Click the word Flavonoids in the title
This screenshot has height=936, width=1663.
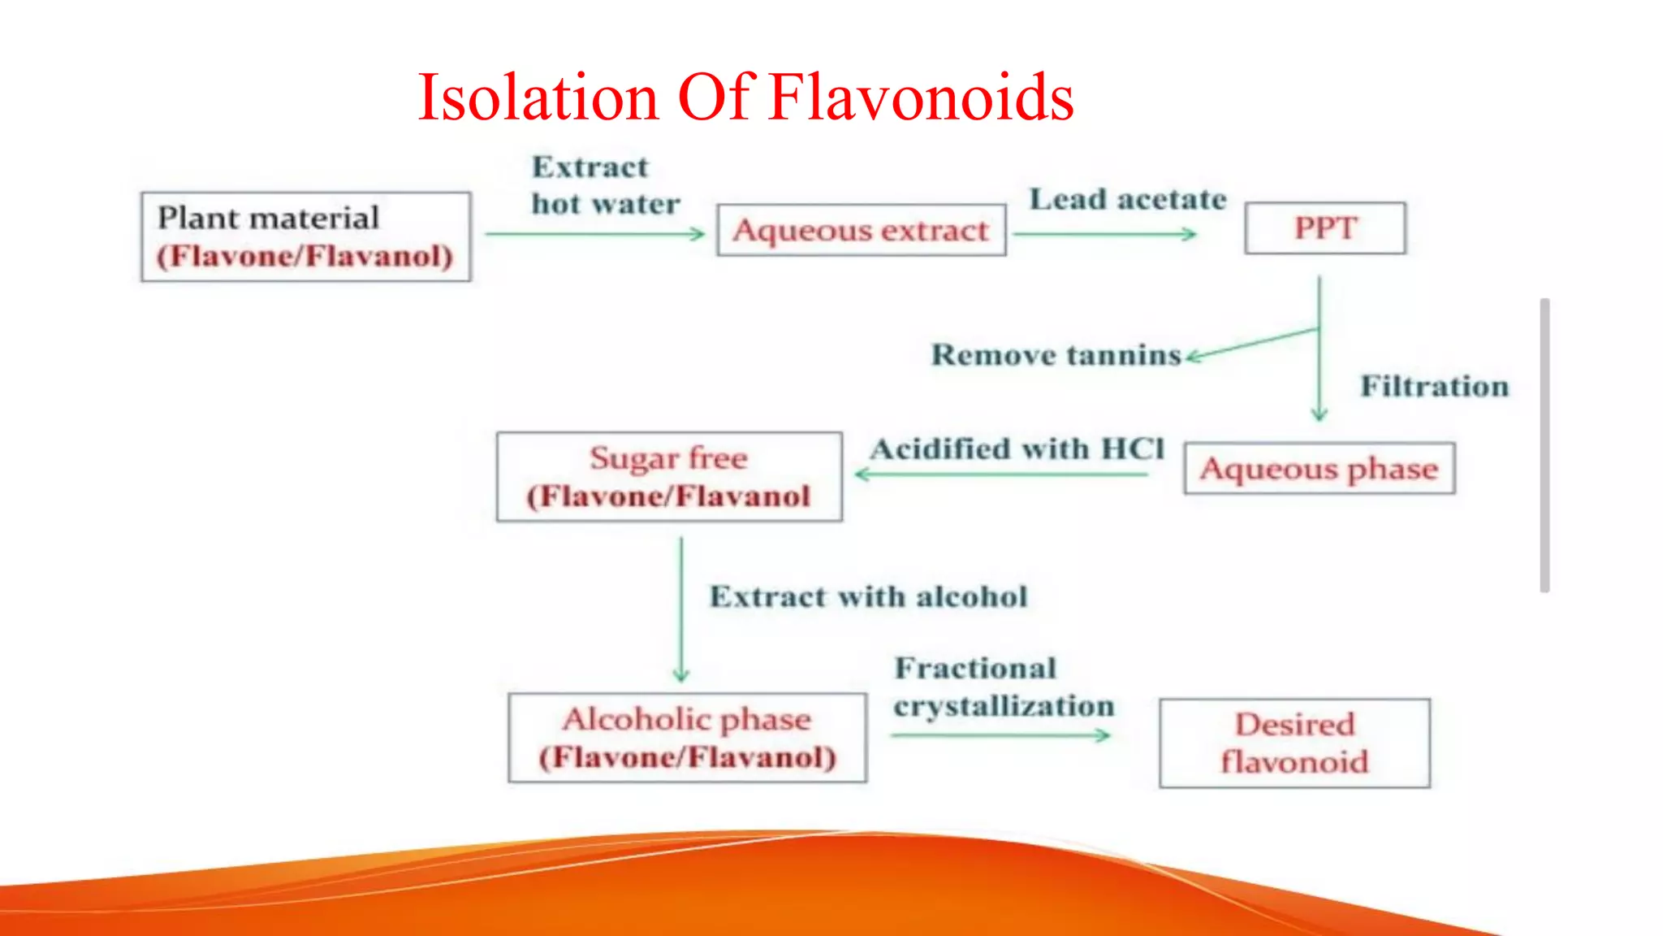point(921,97)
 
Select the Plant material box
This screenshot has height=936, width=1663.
point(305,236)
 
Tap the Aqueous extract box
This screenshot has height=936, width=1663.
point(861,231)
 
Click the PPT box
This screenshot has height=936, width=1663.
point(1324,228)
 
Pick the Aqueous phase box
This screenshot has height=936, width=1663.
point(1319,469)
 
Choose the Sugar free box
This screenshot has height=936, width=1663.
point(669,477)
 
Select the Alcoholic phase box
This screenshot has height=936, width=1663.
point(687,738)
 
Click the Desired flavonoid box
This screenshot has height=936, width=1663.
point(1294,743)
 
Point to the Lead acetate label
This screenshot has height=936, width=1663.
point(1128,200)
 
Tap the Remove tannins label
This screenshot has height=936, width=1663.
point(1056,355)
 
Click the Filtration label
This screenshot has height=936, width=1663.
point(1434,386)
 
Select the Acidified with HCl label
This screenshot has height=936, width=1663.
point(1017,448)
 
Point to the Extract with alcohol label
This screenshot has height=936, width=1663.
point(868,596)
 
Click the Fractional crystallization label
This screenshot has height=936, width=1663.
point(1003,687)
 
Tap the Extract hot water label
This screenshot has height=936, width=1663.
point(605,185)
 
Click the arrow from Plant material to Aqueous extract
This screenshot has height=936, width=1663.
point(595,234)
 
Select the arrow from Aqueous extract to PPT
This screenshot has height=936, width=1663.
point(1104,234)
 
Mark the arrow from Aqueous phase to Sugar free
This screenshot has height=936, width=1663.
point(1002,474)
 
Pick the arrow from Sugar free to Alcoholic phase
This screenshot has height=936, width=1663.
point(681,609)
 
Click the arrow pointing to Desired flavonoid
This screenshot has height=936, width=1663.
point(1000,735)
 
